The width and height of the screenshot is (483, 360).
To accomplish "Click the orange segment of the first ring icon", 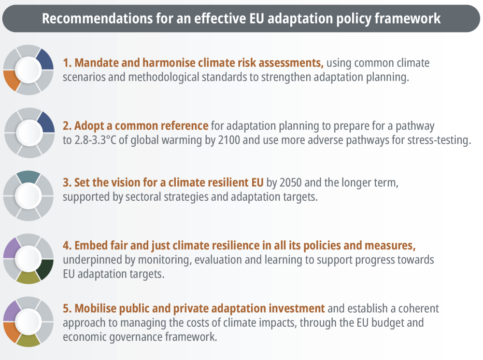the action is pos(11,80).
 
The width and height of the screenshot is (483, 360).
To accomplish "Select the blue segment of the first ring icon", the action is pos(45,60).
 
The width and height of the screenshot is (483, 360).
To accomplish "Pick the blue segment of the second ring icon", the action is pos(46,123).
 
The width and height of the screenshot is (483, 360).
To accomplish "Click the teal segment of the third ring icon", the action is pos(28,177).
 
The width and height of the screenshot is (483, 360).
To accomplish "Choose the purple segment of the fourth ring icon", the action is pos(12,249).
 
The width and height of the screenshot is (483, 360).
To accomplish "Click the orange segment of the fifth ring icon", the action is pos(11,332).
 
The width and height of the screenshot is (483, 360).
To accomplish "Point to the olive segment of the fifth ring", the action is pos(28,341).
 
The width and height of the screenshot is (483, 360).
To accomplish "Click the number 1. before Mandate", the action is pos(67,63).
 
